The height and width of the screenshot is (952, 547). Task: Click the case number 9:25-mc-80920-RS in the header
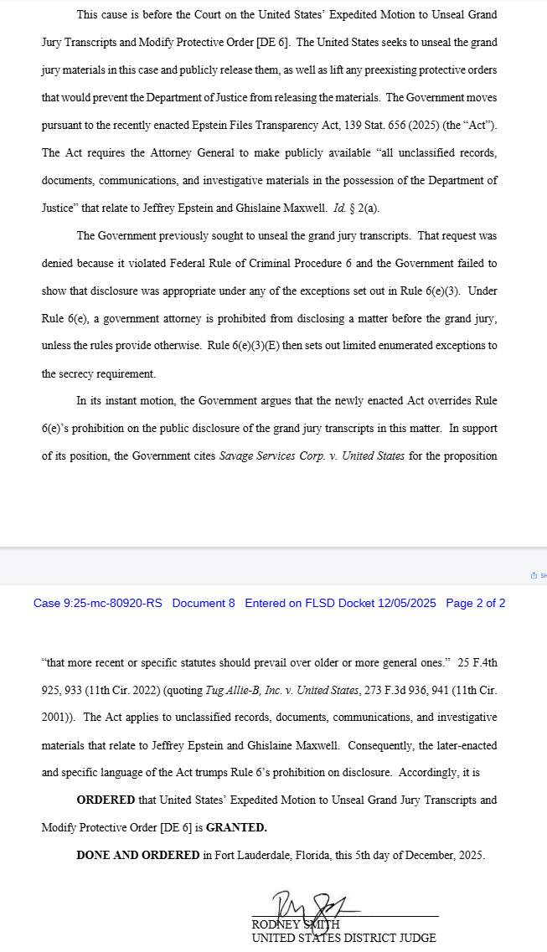pyautogui.click(x=98, y=603)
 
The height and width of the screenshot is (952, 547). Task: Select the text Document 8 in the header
pyautogui.click(x=204, y=603)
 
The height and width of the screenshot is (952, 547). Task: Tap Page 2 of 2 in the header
pyautogui.click(x=475, y=603)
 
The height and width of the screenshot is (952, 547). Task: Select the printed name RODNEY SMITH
pyautogui.click(x=296, y=924)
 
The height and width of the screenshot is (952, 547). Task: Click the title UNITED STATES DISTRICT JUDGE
pyautogui.click(x=343, y=938)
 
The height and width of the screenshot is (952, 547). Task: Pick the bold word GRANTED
pyautogui.click(x=236, y=827)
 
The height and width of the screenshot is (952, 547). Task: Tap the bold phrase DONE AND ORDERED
pyautogui.click(x=138, y=855)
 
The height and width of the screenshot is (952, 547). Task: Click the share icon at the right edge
pyautogui.click(x=533, y=575)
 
